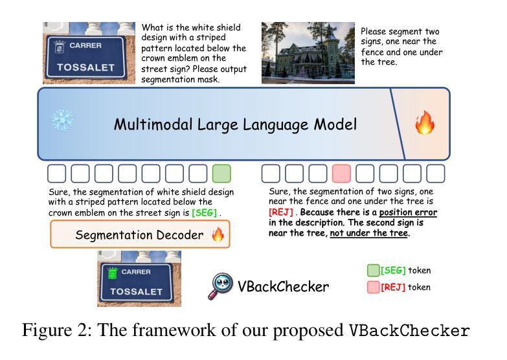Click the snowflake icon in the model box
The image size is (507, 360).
coord(63,120)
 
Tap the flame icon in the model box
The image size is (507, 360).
coord(425,123)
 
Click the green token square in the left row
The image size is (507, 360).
coord(221,174)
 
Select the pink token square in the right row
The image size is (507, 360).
coord(341,174)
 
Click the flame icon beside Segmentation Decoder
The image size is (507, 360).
coord(218,234)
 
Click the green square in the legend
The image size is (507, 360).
coord(374,271)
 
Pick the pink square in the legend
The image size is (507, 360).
coord(374,287)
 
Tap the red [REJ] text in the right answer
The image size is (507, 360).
coord(282,212)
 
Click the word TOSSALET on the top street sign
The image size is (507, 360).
coord(85,67)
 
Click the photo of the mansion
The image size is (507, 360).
coord(308,53)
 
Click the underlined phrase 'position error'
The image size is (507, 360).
coord(408,212)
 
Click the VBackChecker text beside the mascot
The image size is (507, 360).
coord(282,286)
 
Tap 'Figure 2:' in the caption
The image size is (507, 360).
coord(54,330)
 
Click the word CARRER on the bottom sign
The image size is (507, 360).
coord(137,272)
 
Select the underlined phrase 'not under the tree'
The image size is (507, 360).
coord(368,233)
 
